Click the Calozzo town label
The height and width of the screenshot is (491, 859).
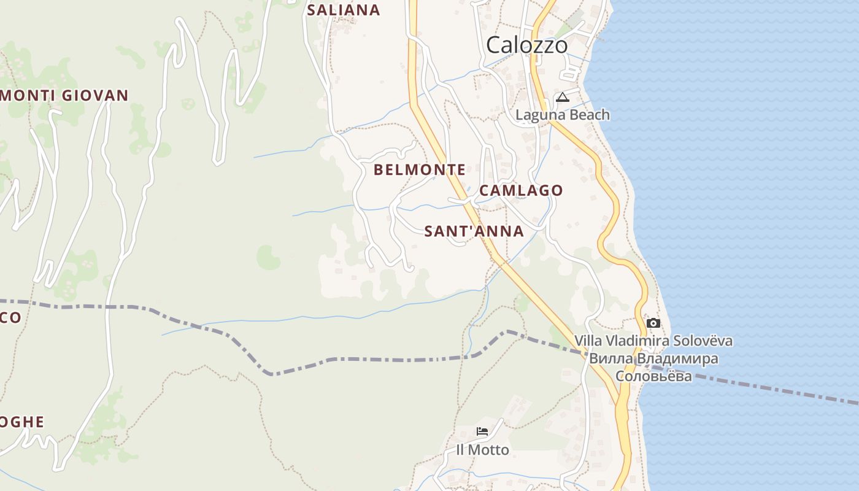(526, 45)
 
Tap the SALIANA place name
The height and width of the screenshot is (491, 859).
(344, 10)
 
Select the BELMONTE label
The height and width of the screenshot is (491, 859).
(420, 169)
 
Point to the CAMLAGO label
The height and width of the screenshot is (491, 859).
(520, 190)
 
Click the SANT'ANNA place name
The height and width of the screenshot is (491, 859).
(474, 231)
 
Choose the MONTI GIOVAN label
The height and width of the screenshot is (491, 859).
(64, 95)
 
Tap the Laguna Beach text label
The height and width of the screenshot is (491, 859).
(563, 115)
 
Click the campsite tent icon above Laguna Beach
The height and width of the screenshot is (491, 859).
(563, 97)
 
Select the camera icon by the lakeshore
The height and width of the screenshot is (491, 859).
(653, 323)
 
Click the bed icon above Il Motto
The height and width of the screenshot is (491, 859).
(482, 431)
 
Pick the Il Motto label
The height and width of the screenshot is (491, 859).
(482, 450)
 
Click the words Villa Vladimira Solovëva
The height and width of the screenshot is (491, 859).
(653, 341)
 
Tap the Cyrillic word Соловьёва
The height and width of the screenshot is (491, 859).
(653, 376)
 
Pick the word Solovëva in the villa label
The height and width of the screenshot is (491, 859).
(703, 341)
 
